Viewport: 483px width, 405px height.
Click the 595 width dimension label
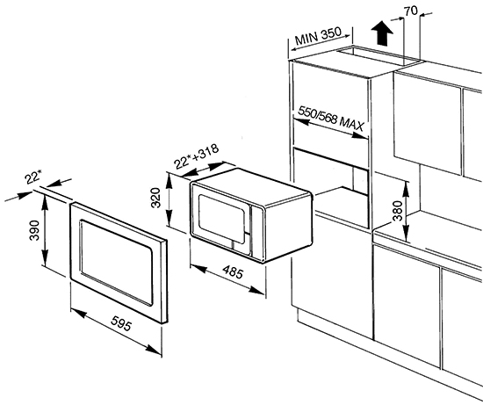[x=121, y=323]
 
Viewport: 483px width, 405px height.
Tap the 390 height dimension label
[x=34, y=230]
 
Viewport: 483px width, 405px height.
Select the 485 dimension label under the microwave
[x=234, y=271]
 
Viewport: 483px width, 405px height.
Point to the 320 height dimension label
[x=156, y=198]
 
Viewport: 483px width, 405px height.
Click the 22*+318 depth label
[x=196, y=156]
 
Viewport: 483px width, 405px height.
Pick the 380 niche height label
[x=398, y=211]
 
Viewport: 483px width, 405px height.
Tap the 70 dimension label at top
[x=411, y=11]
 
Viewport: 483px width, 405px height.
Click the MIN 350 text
[x=318, y=36]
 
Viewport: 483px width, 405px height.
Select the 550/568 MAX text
[x=331, y=119]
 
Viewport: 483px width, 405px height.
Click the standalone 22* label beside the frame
[x=33, y=178]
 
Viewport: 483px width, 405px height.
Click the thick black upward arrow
[x=382, y=33]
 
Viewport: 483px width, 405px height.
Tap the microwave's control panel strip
[x=257, y=232]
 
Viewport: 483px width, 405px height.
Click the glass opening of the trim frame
[x=117, y=263]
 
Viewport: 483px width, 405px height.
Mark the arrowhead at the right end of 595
[x=154, y=350]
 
